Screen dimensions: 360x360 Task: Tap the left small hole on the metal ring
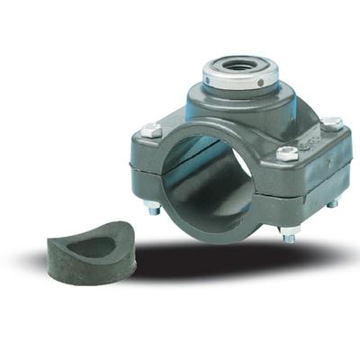209,79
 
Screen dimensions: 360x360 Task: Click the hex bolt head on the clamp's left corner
150,130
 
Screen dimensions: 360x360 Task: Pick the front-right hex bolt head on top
286,153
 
